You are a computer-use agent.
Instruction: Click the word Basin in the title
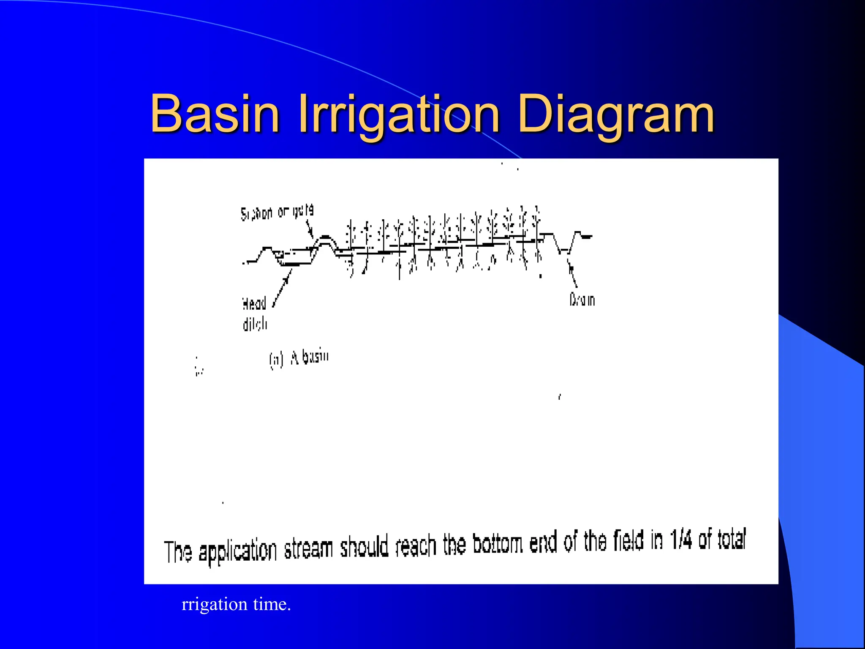pos(215,113)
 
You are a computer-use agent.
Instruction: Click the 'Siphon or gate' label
pos(277,212)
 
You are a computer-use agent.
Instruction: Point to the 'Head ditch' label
pos(255,314)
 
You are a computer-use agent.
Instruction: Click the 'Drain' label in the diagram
pos(582,300)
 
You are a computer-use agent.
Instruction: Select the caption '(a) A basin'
pos(299,359)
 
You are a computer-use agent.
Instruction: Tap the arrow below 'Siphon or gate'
pos(310,231)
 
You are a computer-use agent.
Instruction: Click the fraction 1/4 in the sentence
pos(680,540)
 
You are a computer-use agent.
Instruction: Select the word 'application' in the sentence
pos(237,551)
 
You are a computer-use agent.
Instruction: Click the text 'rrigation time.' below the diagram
pos(236,604)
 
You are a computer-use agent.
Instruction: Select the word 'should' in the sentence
pos(364,548)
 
